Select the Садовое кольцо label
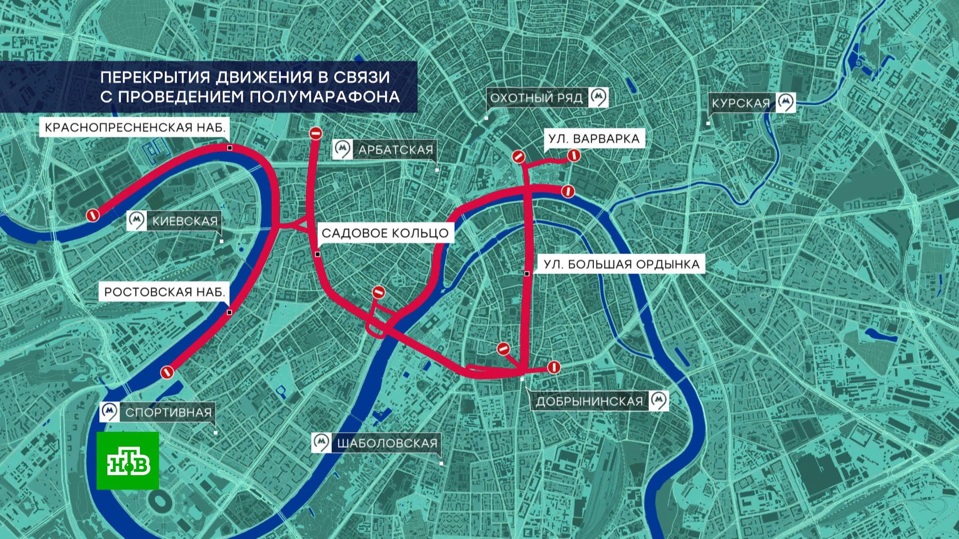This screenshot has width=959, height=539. click(385, 233)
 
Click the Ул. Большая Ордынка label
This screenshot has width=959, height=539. click(621, 264)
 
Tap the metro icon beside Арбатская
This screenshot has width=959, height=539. click(343, 149)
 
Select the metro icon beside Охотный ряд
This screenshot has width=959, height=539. click(598, 97)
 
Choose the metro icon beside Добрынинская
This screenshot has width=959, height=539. click(659, 400)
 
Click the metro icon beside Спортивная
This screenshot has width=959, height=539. click(109, 412)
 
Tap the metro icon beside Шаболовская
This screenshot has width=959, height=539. click(321, 442)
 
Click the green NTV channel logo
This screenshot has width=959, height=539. click(128, 461)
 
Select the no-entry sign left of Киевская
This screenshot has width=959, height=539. click(92, 215)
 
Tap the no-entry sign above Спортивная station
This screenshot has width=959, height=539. click(167, 372)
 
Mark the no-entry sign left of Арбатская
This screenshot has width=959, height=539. click(316, 133)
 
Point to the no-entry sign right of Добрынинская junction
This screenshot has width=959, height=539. click(553, 368)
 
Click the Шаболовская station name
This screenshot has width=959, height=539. click(387, 443)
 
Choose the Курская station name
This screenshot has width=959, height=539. click(741, 103)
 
